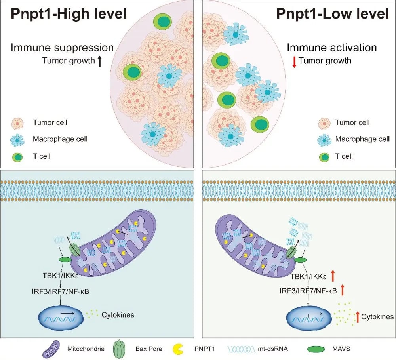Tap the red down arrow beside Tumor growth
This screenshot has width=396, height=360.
click(294, 61)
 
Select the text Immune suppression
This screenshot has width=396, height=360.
click(62, 48)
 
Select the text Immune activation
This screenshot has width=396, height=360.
click(331, 48)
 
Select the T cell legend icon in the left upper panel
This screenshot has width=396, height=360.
click(17, 156)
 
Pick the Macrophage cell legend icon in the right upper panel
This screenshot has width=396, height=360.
click(325, 139)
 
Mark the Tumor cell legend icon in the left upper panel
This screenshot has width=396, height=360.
click(17, 122)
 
